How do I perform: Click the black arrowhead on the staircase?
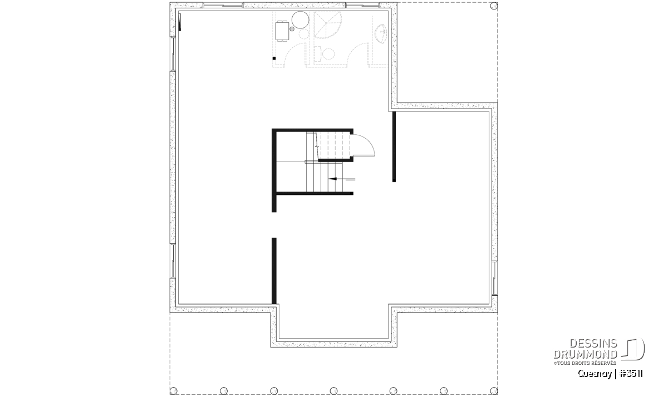[332, 179]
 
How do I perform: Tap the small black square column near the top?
[274, 58]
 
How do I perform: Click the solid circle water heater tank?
[300, 19]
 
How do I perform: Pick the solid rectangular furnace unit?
[282, 31]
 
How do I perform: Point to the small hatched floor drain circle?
[292, 29]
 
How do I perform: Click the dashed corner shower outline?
[327, 25]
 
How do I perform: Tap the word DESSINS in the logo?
[593, 344]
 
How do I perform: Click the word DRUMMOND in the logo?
[586, 354]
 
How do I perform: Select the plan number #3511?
[631, 374]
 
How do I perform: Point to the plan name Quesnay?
[595, 374]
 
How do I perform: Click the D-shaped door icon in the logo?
[633, 349]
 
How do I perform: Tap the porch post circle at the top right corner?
[494, 6]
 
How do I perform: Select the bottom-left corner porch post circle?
[173, 391]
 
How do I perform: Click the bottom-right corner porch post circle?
[494, 391]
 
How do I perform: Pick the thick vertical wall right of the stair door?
[394, 146]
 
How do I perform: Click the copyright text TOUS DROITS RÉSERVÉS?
[585, 363]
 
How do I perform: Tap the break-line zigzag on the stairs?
[316, 146]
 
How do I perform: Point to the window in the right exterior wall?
[494, 278]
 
